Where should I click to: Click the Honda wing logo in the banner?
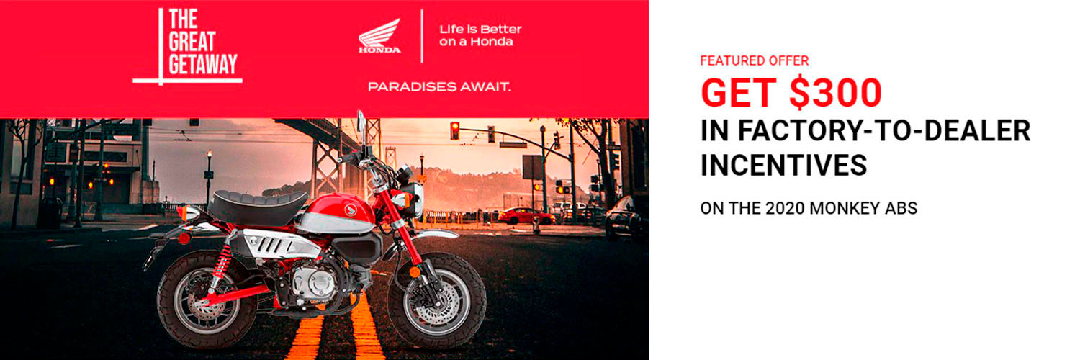coord(379,36)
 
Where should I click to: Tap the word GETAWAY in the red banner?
coord(203,64)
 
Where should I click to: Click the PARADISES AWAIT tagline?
coord(439,86)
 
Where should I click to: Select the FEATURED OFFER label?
coord(754,60)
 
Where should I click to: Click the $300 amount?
coord(836,92)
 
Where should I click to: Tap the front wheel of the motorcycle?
coord(436,302)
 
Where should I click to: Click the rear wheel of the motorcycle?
coord(207,302)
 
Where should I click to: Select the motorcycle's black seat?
coord(258,204)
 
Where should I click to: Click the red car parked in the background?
coord(526,215)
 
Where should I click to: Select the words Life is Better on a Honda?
coord(480,36)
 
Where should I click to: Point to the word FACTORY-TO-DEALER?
coord(865,130)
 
